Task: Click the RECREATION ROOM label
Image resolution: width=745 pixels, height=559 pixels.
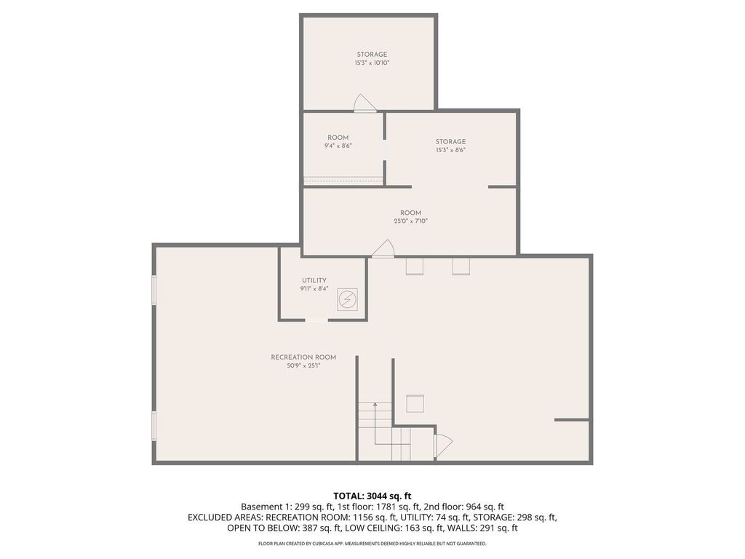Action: click(303, 357)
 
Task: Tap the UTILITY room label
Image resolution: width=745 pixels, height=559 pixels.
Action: click(314, 280)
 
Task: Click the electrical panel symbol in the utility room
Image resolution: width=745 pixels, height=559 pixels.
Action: click(347, 298)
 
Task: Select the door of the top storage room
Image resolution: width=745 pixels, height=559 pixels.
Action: click(364, 104)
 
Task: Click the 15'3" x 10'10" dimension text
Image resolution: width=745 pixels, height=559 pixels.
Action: click(372, 63)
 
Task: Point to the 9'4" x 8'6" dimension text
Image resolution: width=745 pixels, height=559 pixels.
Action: click(338, 146)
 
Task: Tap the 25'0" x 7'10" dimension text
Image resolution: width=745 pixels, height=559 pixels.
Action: click(410, 221)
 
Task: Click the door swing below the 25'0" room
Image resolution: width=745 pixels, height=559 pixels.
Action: click(383, 249)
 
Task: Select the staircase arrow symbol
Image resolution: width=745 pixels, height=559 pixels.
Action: click(375, 405)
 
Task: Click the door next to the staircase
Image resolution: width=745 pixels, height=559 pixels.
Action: click(442, 444)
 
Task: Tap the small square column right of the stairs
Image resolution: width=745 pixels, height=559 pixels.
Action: click(415, 403)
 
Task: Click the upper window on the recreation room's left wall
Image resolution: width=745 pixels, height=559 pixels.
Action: click(154, 290)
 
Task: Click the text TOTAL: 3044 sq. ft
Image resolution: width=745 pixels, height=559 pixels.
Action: click(372, 496)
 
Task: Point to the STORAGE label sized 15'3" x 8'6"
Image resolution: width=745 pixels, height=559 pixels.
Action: click(450, 141)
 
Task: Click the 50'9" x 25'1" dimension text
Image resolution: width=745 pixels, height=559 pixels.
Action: click(303, 365)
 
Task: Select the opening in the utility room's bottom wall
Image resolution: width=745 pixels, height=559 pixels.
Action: click(316, 320)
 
